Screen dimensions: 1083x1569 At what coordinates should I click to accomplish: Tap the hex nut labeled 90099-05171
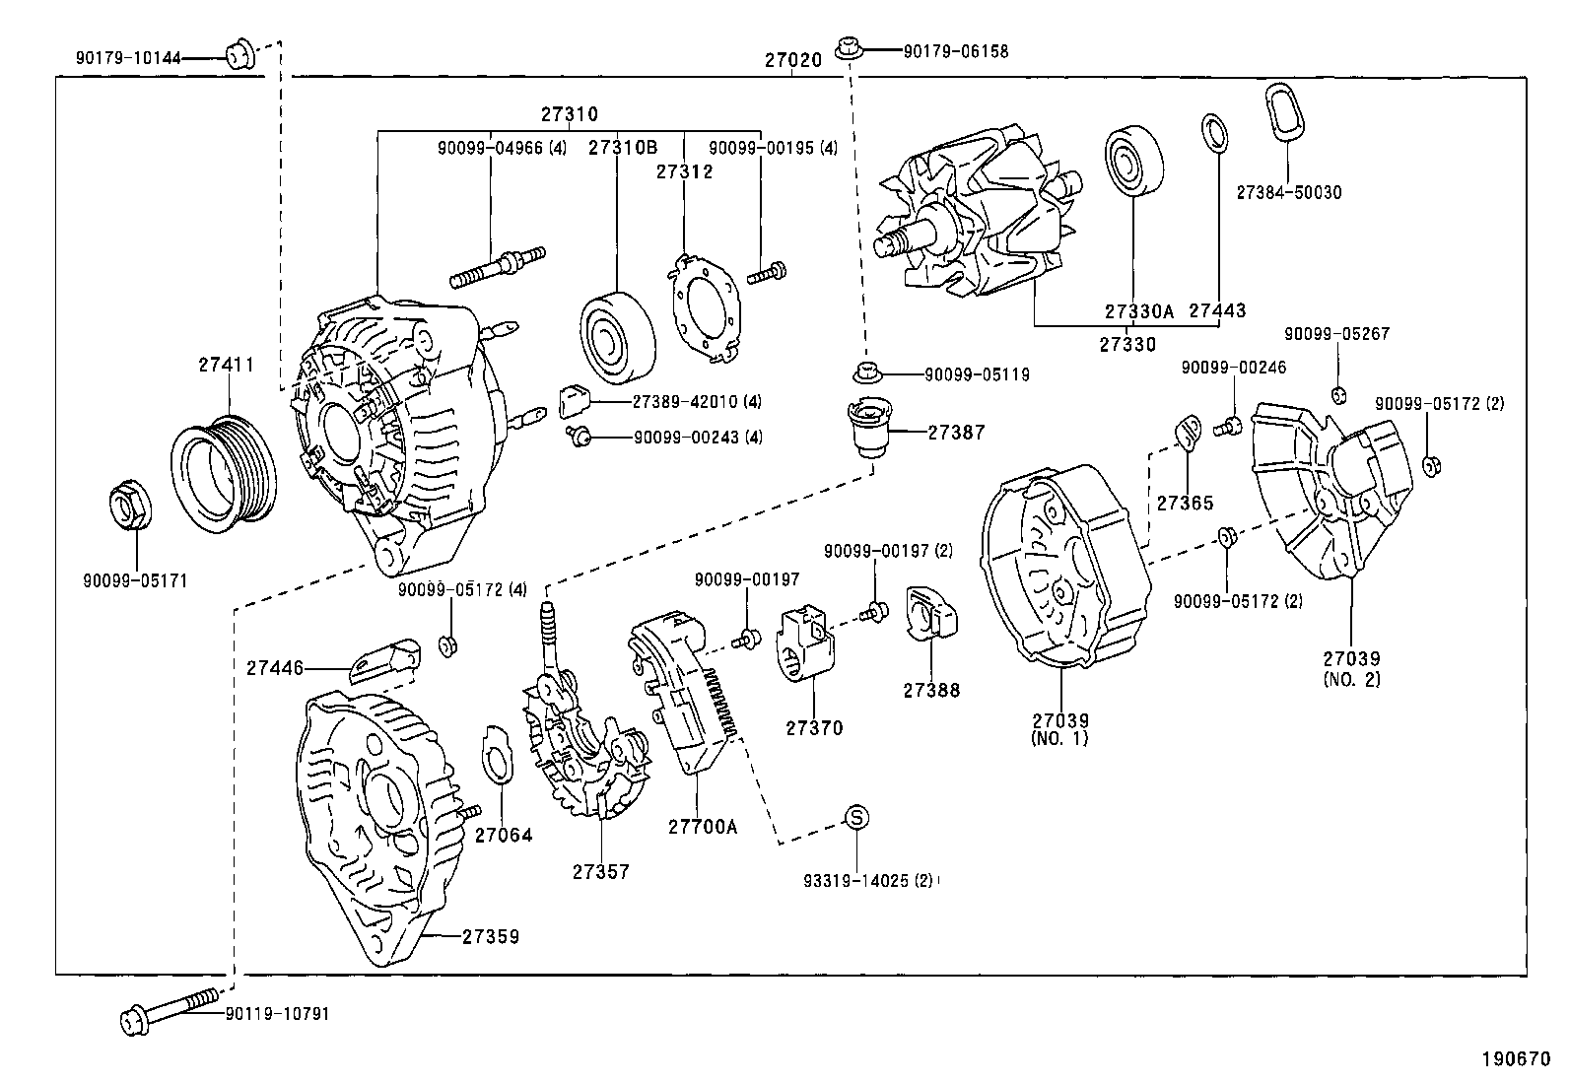[x=126, y=504]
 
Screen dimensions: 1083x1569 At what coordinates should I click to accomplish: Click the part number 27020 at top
[x=792, y=60]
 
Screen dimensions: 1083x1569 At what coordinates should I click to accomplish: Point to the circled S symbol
[x=856, y=816]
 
